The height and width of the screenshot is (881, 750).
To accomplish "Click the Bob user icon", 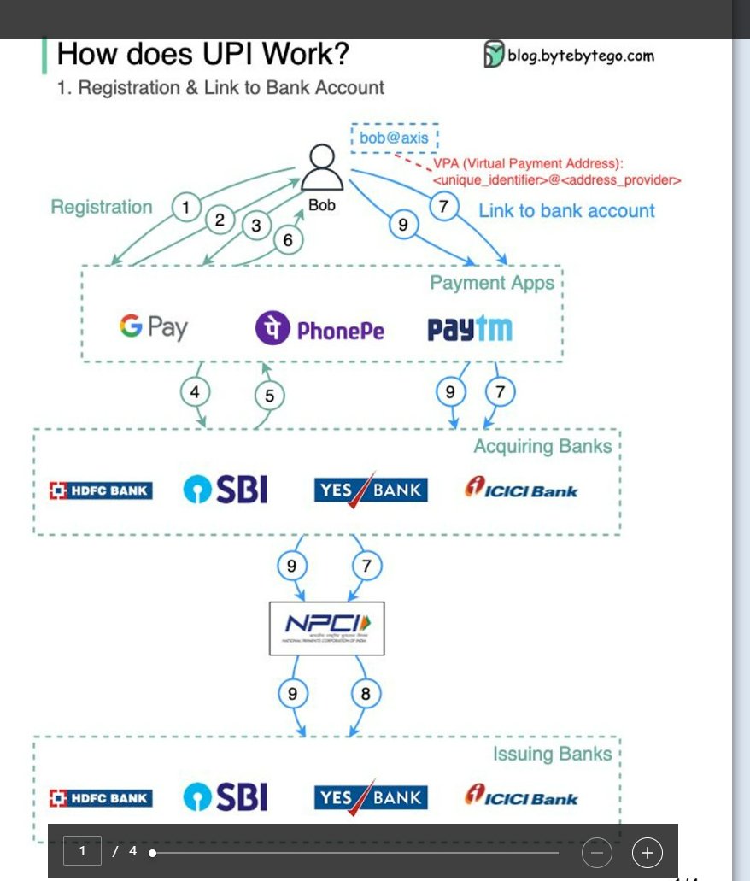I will [322, 169].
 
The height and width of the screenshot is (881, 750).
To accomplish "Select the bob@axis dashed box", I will [394, 138].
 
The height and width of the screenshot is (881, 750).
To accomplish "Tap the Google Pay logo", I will [154, 327].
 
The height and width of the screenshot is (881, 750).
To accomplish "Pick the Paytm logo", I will [470, 329].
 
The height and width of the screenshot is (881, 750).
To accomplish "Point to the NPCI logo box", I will [326, 628].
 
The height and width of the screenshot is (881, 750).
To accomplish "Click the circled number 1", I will [185, 207].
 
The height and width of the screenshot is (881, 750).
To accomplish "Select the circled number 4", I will [195, 392].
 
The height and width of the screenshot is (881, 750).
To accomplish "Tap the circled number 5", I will [269, 395].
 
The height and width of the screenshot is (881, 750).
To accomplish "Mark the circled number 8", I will [366, 694].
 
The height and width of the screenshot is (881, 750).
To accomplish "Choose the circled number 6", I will [288, 240].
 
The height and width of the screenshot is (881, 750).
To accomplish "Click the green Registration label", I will [102, 207].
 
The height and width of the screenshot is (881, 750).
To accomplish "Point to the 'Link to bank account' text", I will [566, 211].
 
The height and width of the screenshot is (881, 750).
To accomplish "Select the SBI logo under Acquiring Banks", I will [226, 490].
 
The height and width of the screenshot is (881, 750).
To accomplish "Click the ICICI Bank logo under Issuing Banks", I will [521, 797].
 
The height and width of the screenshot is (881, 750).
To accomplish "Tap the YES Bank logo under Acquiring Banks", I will [371, 490].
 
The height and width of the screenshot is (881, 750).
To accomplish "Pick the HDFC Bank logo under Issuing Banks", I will [101, 798].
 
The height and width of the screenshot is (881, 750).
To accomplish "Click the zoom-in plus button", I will [647, 852].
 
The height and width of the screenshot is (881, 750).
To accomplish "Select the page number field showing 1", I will [83, 851].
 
